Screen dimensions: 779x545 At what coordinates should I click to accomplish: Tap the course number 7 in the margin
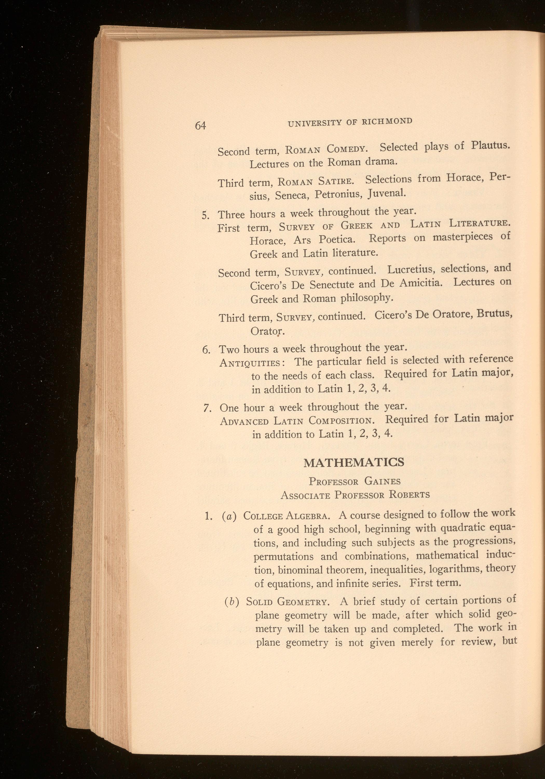(x=206, y=408)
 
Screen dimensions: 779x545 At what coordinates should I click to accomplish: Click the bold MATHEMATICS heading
(x=354, y=462)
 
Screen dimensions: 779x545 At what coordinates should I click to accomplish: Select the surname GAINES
(x=383, y=481)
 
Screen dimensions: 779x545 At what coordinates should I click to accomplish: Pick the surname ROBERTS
(x=409, y=494)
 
